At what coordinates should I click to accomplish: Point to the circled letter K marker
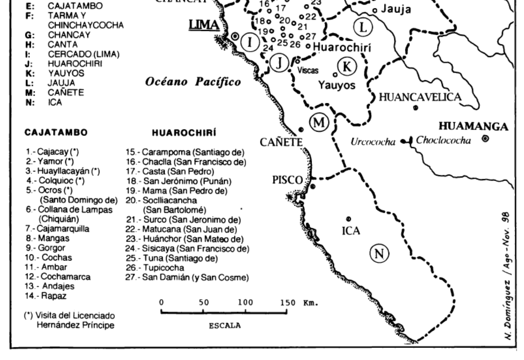347,66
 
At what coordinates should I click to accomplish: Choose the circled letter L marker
362,28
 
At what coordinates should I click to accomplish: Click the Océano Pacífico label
193,82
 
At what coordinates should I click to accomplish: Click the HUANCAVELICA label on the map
420,97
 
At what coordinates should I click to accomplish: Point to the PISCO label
287,180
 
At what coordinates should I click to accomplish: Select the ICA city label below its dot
351,230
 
